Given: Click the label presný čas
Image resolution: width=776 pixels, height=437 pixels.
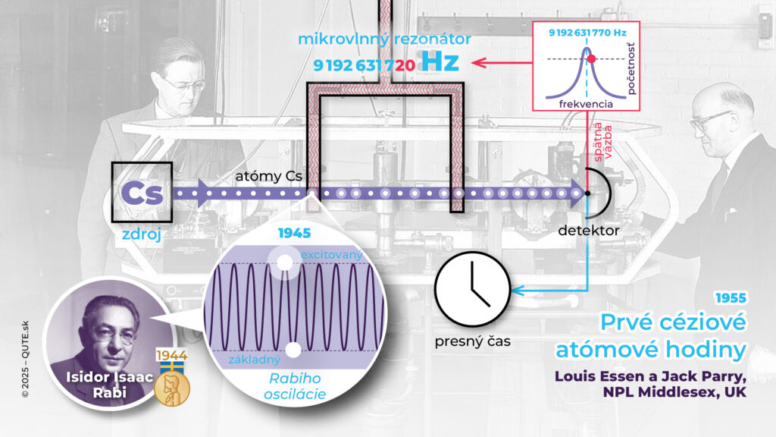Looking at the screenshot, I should pos(472,341).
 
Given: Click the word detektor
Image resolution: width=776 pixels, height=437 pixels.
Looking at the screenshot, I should pos(590,229).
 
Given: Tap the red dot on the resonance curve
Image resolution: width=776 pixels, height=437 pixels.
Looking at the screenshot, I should pos(593,58).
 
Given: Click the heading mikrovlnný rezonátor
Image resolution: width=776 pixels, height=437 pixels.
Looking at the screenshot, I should pos(385,38).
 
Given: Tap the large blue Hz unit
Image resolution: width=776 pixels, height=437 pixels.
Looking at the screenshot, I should pos(440,63).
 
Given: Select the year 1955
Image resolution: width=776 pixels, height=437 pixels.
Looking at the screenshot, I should pos(731,298).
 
